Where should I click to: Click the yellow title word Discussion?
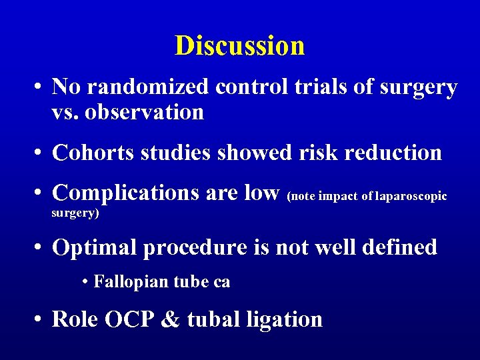pos(239,45)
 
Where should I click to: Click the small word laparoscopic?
pos(410,196)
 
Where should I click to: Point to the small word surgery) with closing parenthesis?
pos(75,214)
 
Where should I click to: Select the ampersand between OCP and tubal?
pos(170,319)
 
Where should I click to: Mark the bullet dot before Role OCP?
pos(41,320)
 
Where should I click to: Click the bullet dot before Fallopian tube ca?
pos(87,283)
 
